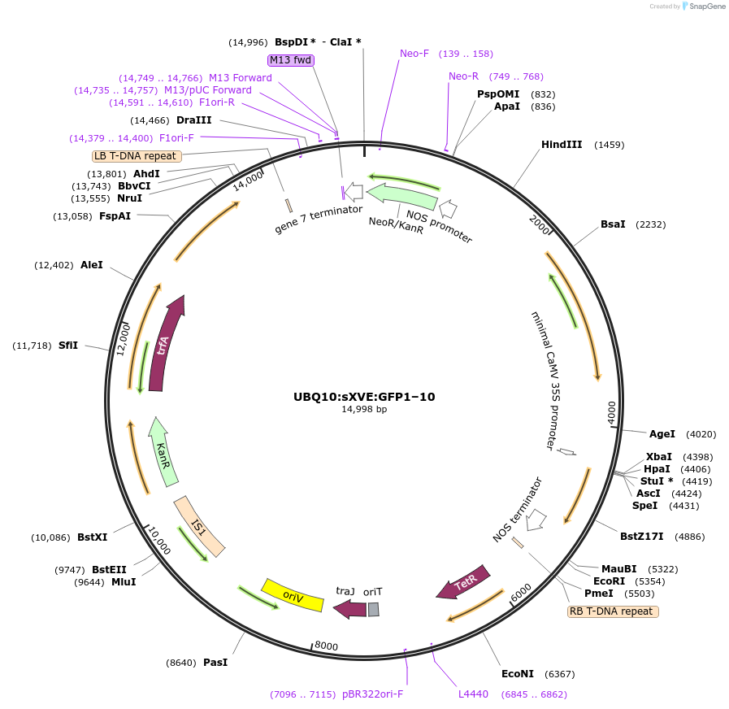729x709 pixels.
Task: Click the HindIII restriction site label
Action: coord(562,145)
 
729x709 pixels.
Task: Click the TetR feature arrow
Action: coord(464,582)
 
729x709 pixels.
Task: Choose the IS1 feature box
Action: coord(198,527)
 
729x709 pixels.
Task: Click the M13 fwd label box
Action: coord(291,60)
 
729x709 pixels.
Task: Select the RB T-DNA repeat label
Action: coord(612,611)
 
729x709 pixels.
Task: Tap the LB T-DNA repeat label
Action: coord(136,155)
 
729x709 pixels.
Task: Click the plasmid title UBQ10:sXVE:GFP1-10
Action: coord(364,398)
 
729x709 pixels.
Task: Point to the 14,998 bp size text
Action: coord(364,410)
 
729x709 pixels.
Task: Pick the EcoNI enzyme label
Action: coord(518,674)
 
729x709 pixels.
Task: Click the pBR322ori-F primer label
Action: coord(372,694)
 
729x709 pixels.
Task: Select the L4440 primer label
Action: coord(473,694)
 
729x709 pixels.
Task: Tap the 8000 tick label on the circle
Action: coord(326,646)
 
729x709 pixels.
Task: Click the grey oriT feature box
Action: coord(373,609)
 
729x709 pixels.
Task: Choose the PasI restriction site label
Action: coord(215,663)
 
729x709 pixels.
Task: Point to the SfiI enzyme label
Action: coord(68,346)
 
